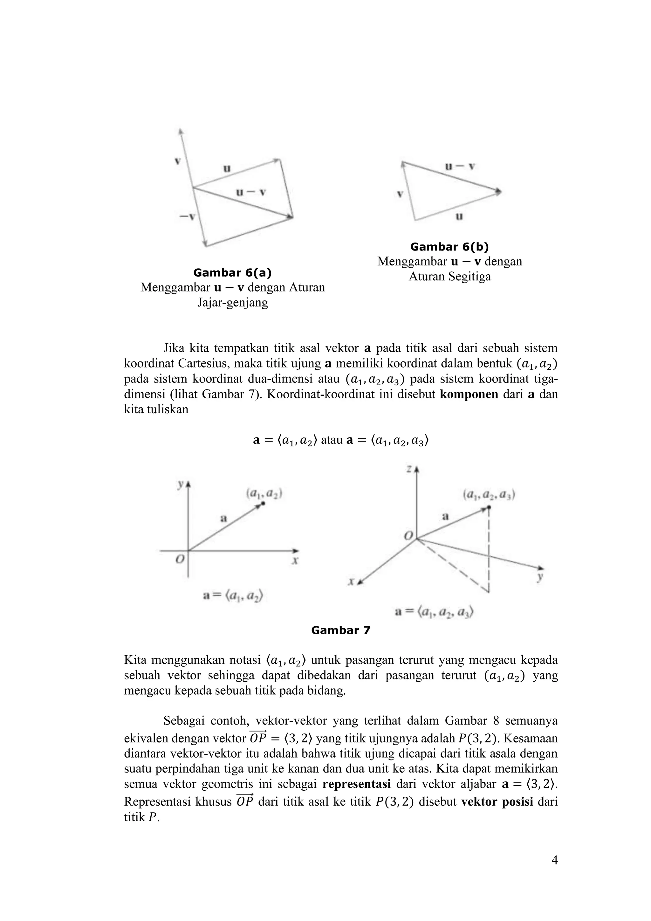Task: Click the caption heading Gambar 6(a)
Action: (x=232, y=273)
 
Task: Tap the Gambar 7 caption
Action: (x=340, y=630)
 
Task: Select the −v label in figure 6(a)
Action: (x=187, y=217)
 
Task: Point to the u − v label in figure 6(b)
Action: (x=460, y=166)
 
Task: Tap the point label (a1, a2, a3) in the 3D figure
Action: (x=489, y=495)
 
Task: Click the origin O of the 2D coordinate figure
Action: (x=181, y=559)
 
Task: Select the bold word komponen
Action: (x=469, y=394)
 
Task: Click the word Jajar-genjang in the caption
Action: (x=232, y=302)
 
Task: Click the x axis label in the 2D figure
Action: (x=295, y=561)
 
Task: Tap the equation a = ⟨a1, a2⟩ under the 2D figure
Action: (x=233, y=596)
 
